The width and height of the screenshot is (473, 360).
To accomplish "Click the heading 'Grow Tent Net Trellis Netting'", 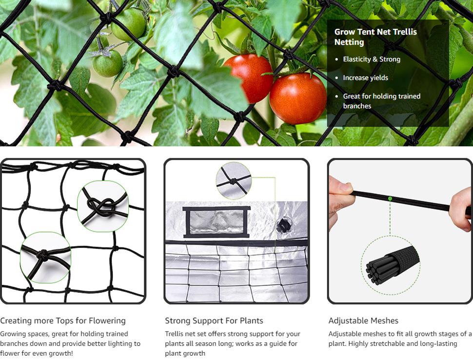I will click(375, 37).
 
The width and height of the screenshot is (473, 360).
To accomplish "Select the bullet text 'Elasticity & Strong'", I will click(372, 59).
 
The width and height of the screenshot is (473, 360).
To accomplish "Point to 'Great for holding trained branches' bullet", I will click(381, 101).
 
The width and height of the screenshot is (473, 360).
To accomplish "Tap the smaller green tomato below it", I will click(108, 63).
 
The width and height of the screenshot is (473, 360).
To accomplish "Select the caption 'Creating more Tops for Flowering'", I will click(63, 321).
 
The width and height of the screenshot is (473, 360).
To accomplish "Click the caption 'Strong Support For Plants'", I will click(214, 321).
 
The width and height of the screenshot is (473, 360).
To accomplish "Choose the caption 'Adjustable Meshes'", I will click(363, 321).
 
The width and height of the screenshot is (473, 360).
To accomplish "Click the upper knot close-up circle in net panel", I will click(103, 206).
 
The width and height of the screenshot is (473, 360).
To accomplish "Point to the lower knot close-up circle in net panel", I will click(45, 257).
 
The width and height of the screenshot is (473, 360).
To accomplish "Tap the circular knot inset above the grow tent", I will click(234, 181).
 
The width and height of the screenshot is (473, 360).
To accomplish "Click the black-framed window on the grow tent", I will click(217, 222).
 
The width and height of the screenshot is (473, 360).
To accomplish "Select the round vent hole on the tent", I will click(283, 225).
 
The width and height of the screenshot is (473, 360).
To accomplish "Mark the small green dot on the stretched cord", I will click(390, 199).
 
